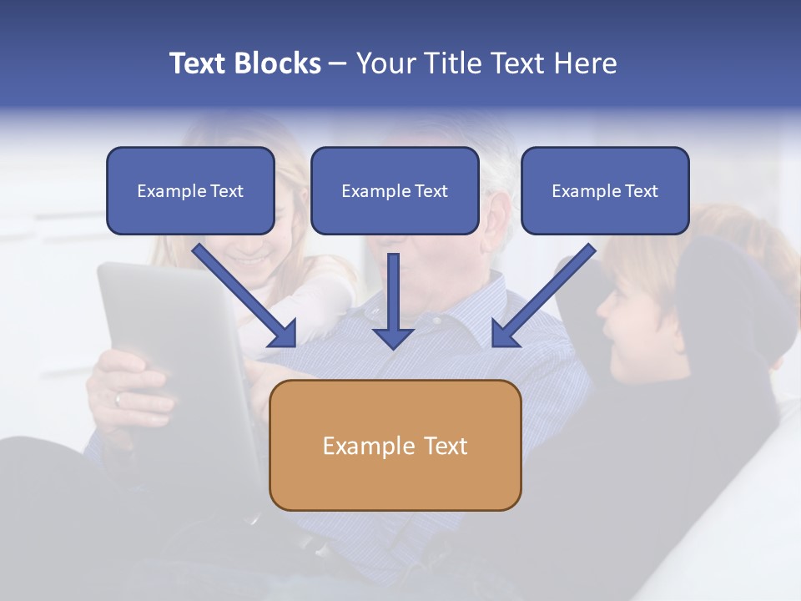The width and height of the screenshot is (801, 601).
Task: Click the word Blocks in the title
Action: (x=280, y=63)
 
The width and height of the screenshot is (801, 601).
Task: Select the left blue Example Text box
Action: (x=190, y=191)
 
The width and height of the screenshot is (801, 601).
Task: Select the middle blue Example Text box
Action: (x=395, y=191)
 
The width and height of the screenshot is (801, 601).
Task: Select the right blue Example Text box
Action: (x=605, y=191)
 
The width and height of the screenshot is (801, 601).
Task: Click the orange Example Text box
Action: (x=395, y=446)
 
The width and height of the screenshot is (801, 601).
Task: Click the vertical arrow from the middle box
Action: (x=393, y=296)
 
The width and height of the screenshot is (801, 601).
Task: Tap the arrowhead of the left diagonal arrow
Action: (x=284, y=335)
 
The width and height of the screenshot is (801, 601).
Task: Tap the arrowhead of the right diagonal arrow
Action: (x=504, y=335)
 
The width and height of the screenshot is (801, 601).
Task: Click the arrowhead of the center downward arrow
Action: (x=393, y=337)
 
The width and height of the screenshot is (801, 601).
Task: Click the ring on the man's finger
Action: (x=118, y=400)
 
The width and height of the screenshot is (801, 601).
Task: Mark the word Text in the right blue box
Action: (x=641, y=191)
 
